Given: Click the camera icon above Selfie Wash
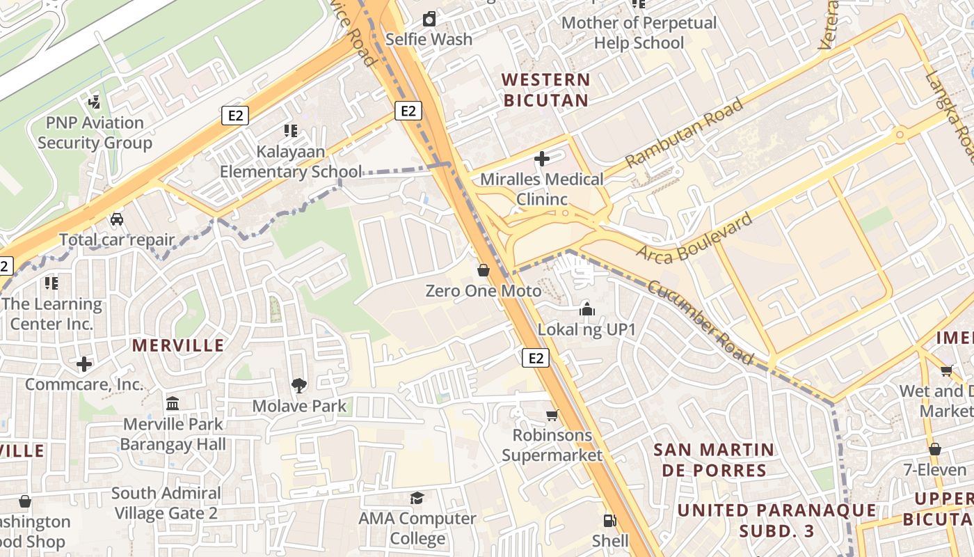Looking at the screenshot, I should coord(429,19).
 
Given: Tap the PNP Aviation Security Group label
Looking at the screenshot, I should coord(95,133).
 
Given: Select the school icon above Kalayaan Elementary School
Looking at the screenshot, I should coord(291,130).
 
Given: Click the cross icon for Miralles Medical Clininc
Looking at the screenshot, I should coord(541,159).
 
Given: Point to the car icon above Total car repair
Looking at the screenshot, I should coord(117,219).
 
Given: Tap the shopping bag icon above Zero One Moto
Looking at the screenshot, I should coord(484,270).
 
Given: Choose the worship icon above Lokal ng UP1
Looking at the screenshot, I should coord(586,308).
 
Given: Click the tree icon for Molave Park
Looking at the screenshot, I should coord(299,385).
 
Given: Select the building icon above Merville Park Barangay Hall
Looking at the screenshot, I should coord(173,403).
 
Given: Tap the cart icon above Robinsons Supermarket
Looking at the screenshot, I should coord(552,415).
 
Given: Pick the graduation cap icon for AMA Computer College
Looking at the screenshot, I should coord(417,498).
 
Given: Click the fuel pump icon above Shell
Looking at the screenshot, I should coord(609,520).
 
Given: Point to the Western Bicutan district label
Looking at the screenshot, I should coord(546,90).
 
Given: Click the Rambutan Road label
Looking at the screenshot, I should coord(683,134).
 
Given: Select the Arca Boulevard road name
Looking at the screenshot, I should coord(694,237).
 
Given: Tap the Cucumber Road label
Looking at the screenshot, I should coord(701,322).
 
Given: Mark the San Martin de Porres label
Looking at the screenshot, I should coord(714,460).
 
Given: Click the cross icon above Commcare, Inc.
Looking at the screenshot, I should coord(84,364).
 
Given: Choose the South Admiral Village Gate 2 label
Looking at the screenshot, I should coord(166,503).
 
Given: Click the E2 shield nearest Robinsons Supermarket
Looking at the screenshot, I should coord(535,358).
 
